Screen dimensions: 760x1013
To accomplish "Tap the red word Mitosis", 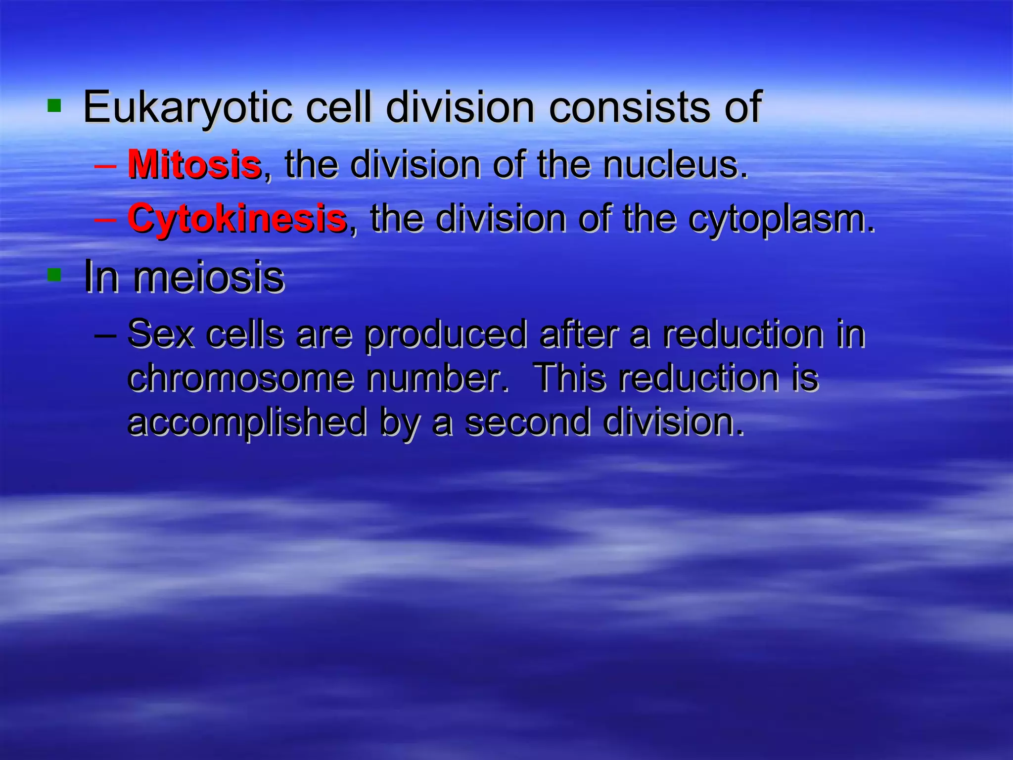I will pyautogui.click(x=194, y=164).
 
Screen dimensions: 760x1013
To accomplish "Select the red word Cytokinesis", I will pyautogui.click(x=236, y=219).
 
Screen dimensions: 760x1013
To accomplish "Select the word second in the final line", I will pyautogui.click(x=528, y=422).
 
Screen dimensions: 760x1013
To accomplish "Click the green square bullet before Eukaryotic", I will pyautogui.click(x=54, y=105).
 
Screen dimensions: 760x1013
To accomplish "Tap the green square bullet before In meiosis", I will pyautogui.click(x=54, y=275).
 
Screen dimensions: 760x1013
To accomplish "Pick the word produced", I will pyautogui.click(x=446, y=335).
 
